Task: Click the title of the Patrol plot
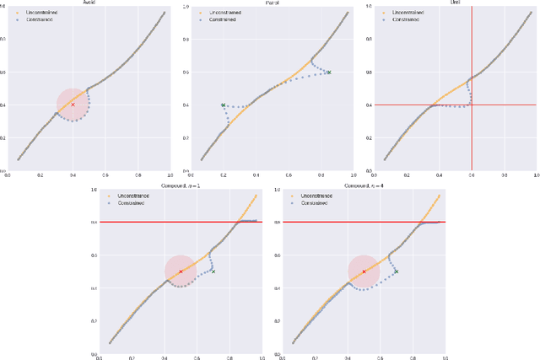click(x=273, y=3)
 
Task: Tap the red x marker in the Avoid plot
click(x=73, y=105)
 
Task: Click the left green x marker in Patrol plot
click(x=224, y=105)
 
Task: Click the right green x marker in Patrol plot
click(x=329, y=73)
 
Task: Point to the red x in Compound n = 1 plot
click(x=181, y=271)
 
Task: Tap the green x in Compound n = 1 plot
click(x=213, y=271)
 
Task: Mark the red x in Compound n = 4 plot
click(x=364, y=271)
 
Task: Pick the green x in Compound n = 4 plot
click(x=396, y=271)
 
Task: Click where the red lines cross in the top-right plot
click(x=472, y=105)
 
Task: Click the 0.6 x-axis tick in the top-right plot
click(x=472, y=175)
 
